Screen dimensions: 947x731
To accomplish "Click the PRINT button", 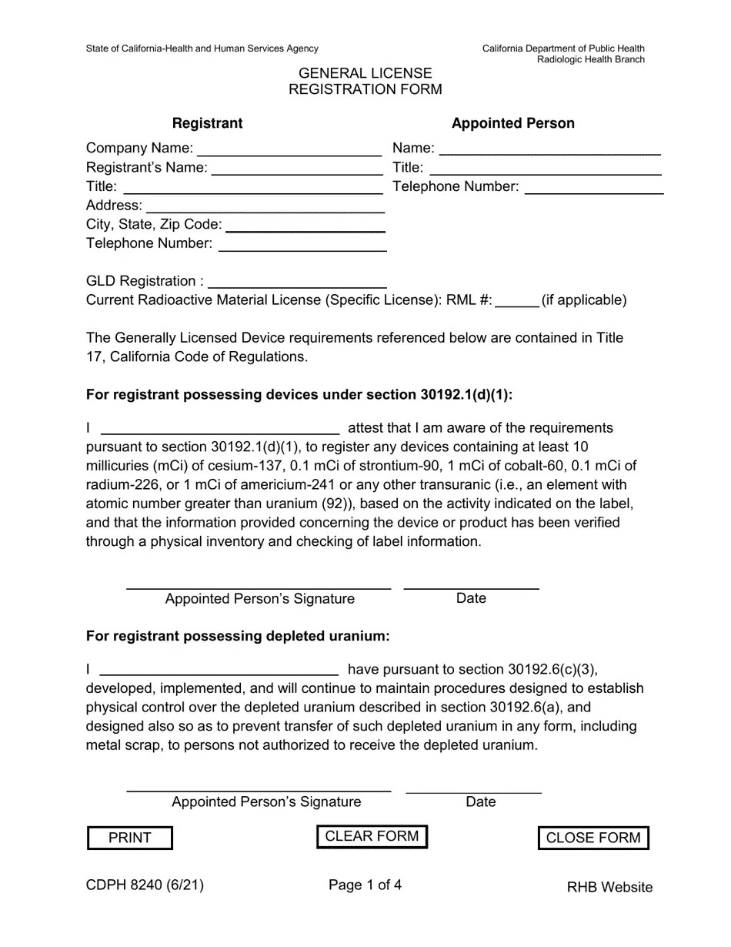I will point(129,838).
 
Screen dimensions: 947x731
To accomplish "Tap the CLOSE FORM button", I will point(592,838).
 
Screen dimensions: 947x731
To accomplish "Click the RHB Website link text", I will point(609,887).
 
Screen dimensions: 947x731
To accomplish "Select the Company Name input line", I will point(289,148).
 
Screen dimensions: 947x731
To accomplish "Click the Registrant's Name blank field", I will point(296,167).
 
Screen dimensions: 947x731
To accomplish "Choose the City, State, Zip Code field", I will point(305,224).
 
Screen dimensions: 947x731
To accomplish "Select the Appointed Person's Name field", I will point(549,148).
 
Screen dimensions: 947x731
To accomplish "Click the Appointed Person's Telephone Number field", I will point(593,186).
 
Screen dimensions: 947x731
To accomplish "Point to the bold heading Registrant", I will point(207,123).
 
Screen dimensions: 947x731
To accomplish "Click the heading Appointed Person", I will point(512,123).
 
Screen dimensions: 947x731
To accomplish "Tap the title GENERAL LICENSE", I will point(365,73).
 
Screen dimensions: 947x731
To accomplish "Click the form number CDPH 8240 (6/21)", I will point(145,885).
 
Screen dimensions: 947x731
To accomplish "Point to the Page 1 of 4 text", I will point(365,885).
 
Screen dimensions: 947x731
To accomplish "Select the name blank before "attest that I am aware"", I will point(220,428).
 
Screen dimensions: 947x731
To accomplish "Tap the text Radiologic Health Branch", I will point(590,60).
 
